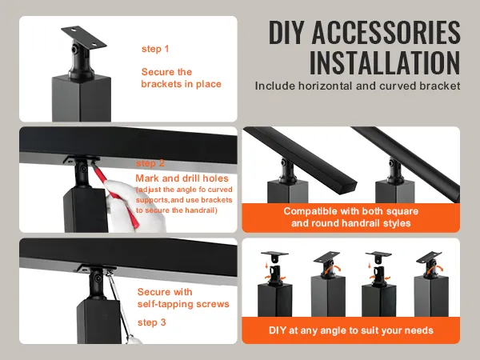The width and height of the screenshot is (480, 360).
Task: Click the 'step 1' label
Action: pyautogui.click(x=155, y=49)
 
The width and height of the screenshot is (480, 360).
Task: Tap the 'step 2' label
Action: pyautogui.click(x=150, y=163)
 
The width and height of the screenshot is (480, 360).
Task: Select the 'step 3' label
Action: pyautogui.click(x=152, y=322)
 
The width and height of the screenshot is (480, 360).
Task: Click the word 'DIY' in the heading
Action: pyautogui.click(x=287, y=32)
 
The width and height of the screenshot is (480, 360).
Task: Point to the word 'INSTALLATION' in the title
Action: pyautogui.click(x=385, y=62)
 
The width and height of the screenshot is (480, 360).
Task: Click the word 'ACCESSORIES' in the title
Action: pyautogui.click(x=386, y=32)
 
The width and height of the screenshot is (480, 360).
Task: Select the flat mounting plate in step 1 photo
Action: pyautogui.click(x=83, y=37)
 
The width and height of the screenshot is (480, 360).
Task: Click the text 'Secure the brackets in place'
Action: pyautogui.click(x=181, y=78)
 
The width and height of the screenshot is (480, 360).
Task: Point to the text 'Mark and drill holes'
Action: pyautogui.click(x=182, y=178)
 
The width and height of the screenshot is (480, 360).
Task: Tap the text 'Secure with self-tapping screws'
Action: pyautogui.click(x=183, y=298)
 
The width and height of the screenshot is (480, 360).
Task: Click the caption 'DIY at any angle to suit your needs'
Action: pyautogui.click(x=351, y=330)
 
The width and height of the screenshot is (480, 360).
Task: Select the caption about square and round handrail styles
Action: pyautogui.click(x=351, y=217)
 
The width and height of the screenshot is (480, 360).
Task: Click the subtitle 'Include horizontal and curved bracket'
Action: pyautogui.click(x=358, y=86)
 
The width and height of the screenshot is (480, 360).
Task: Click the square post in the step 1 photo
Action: pyautogui.click(x=82, y=98)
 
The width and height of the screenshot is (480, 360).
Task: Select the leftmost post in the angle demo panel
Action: pyautogui.click(x=275, y=300)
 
